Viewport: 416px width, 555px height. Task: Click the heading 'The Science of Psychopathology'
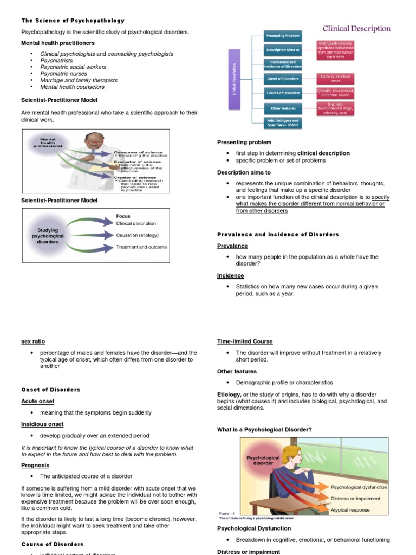[73, 21]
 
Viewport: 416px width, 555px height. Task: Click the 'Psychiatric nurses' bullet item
[64, 74]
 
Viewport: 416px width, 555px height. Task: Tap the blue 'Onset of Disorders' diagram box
[282, 79]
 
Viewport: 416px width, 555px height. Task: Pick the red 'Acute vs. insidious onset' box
[335, 79]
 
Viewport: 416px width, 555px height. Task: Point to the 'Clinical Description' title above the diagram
[356, 28]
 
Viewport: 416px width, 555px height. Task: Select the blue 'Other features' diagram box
[282, 108]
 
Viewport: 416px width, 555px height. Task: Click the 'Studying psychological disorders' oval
[48, 236]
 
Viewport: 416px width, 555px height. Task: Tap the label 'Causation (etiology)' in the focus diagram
[141, 235]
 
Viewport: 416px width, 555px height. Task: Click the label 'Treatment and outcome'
[141, 247]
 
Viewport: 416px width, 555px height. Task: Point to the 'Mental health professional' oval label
[48, 143]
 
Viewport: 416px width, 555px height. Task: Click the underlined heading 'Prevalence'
[232, 246]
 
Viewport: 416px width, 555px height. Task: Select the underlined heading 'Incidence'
[230, 276]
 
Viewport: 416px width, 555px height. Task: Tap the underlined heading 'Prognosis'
[35, 465]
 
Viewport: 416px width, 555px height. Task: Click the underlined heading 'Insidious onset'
[42, 424]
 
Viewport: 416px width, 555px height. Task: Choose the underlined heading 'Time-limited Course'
[245, 341]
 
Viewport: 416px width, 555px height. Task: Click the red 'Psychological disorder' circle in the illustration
[263, 460]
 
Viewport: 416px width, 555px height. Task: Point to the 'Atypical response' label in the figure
[350, 510]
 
